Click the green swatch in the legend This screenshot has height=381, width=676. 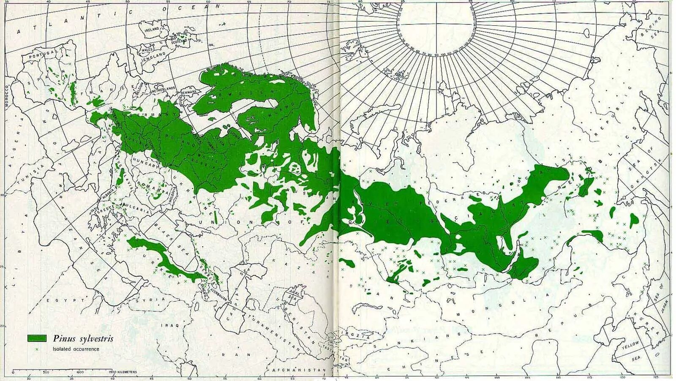point(37,338)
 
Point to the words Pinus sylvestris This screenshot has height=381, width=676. point(83,338)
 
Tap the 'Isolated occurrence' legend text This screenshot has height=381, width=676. point(76,349)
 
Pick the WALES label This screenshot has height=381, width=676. point(147,50)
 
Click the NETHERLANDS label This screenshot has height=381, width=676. point(165,88)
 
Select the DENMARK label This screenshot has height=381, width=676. point(189,92)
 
